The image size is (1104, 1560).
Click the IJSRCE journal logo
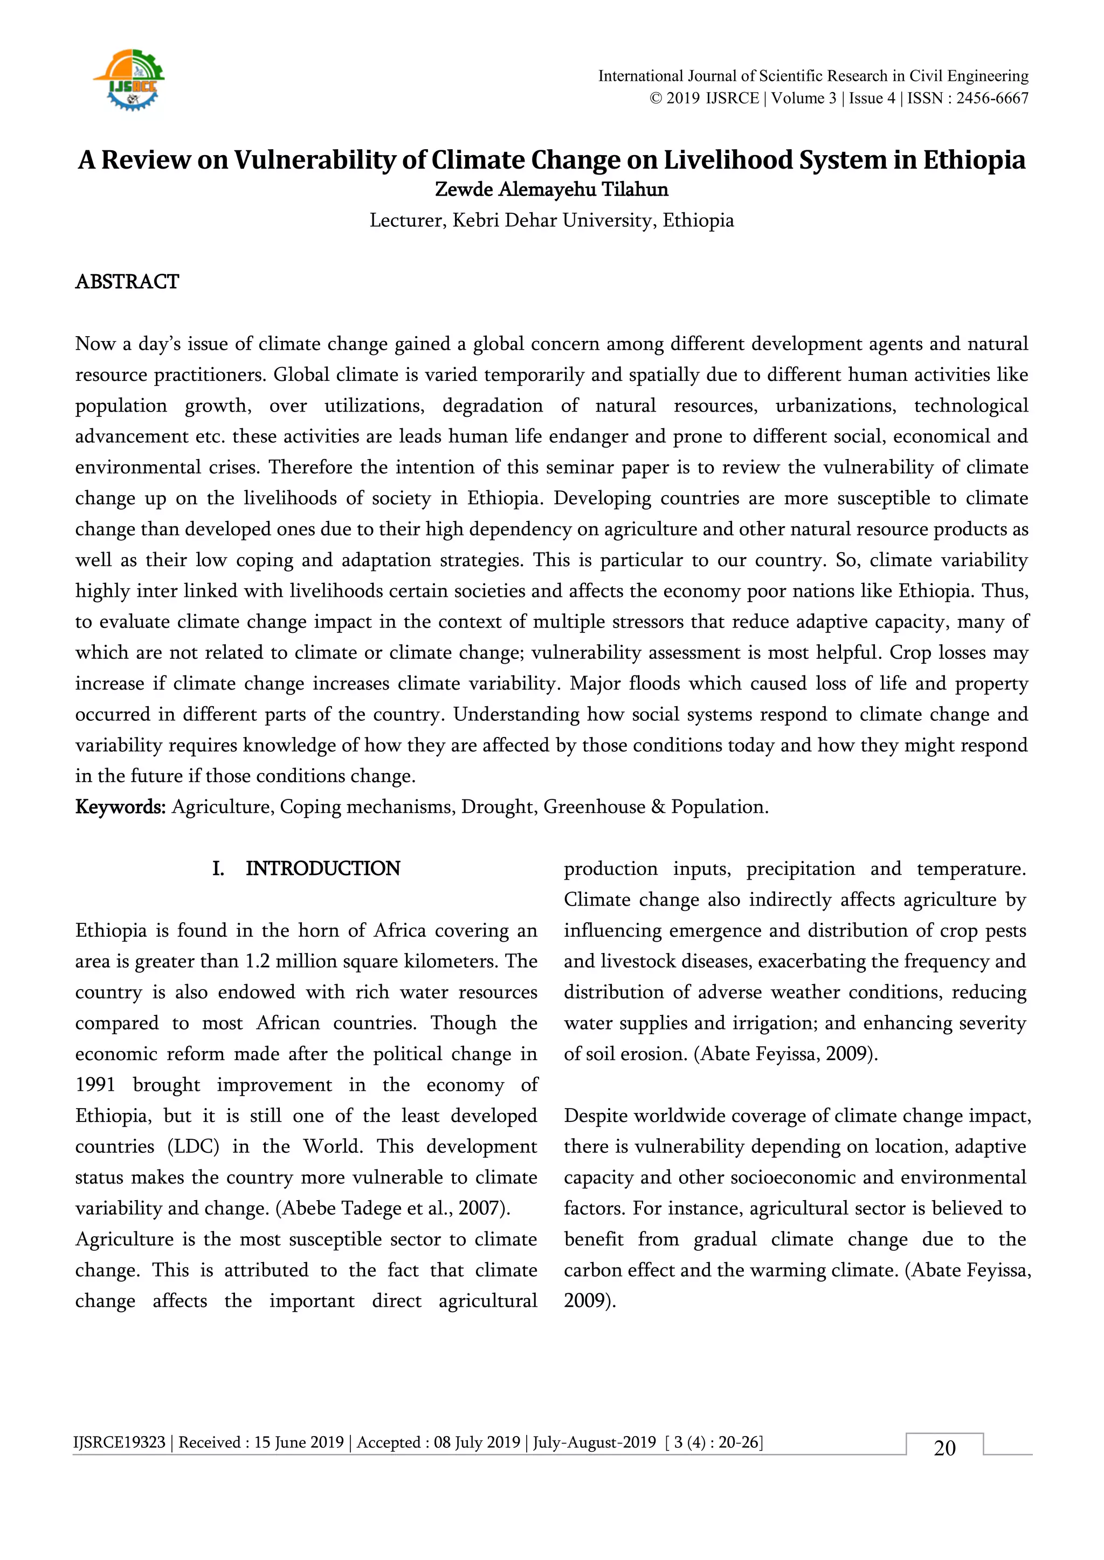129,80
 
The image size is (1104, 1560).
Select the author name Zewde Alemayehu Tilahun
551,190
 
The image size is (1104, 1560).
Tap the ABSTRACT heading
127,282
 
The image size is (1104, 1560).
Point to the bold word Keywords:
120,807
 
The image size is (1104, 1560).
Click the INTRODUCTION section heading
322,869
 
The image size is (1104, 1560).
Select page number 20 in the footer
944,1448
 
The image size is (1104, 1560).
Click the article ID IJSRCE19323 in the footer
120,1443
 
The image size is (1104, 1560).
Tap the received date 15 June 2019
299,1443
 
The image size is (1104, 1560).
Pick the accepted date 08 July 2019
477,1443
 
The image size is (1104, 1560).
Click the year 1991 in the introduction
95,1085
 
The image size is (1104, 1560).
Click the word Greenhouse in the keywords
594,807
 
